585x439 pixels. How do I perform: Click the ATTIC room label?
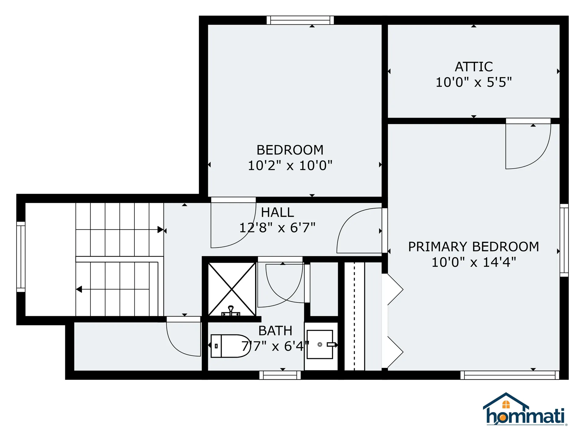tap(473, 67)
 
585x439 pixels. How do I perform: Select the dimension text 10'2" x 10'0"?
tap(290, 166)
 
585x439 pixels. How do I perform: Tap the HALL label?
tap(277, 212)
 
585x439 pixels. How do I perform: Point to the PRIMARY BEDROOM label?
tap(473, 247)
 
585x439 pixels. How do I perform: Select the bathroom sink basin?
tap(320, 344)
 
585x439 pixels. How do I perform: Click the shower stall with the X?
tap(232, 289)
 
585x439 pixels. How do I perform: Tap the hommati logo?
tap(525, 410)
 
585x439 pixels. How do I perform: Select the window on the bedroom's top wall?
tap(300, 20)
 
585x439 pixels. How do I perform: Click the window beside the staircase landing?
tap(21, 257)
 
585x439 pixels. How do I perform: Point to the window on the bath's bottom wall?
tap(280, 375)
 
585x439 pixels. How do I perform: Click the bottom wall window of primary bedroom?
tap(509, 375)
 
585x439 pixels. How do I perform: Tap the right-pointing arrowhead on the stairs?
tap(160, 230)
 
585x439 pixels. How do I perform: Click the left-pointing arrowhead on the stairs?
tap(79, 289)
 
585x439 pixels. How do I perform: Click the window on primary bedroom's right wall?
tap(564, 240)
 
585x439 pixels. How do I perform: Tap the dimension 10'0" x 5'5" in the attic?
tap(473, 82)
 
